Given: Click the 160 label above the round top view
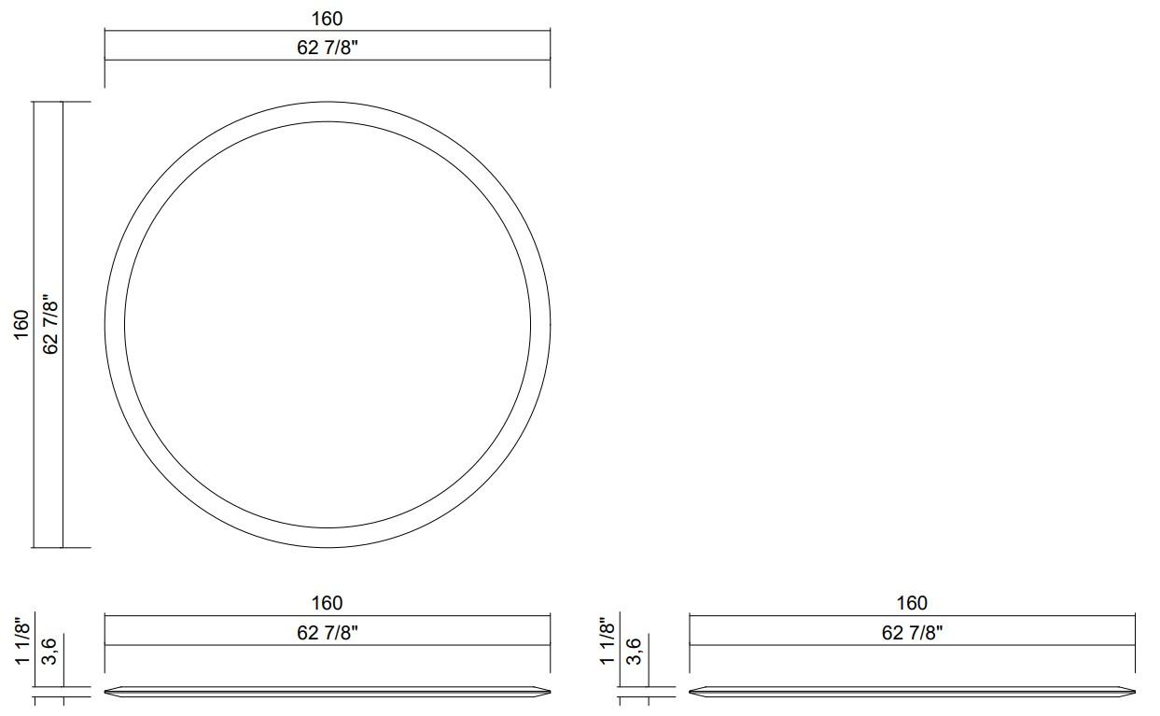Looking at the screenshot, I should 327,19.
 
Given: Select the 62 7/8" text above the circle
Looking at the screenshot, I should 328,48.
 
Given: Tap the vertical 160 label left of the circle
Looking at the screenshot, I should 21,324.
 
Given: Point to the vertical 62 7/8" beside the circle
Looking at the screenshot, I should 51,325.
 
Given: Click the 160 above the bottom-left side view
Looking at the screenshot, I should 327,604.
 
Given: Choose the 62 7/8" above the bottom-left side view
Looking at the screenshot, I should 328,633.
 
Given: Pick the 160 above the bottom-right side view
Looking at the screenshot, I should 912,604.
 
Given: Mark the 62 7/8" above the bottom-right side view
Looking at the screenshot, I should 912,633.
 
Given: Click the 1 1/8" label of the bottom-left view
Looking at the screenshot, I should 21,640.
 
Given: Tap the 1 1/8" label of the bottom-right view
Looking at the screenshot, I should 607,640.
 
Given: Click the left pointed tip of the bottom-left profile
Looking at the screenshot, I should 106,692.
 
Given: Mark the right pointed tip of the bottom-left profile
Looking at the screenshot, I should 549,692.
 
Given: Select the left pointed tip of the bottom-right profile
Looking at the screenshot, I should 692,692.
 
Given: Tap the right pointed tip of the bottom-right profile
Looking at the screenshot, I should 1134,692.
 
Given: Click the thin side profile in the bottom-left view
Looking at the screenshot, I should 327,692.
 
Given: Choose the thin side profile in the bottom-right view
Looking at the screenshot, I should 912,692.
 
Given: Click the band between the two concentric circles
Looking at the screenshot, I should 115,325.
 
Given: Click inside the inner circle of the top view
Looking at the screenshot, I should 328,325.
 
